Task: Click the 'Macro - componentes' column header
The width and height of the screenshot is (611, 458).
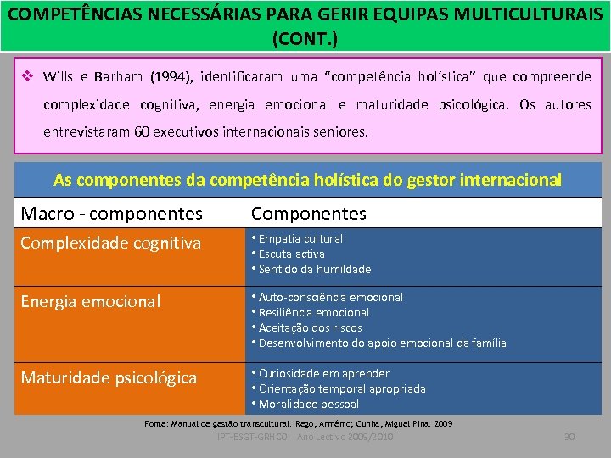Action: pos(111,213)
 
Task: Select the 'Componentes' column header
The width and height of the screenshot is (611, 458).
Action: pos(309,213)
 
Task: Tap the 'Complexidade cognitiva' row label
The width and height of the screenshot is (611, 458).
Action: pos(111,243)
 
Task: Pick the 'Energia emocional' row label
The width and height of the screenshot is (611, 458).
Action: pos(90,301)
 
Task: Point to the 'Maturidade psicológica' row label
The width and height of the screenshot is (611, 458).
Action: pos(109,377)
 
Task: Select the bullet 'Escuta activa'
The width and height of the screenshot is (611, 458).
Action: pos(291,254)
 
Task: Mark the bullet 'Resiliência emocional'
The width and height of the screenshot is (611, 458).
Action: pos(313,313)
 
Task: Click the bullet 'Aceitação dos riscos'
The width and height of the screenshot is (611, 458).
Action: pos(310,328)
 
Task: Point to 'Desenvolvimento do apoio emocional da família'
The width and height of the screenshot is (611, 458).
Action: pos(382,343)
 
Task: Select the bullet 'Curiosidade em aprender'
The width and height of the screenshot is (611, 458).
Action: pos(323,374)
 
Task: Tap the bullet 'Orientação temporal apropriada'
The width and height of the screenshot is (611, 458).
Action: pos(342,389)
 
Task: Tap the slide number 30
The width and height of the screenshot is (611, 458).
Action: pos(569,437)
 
